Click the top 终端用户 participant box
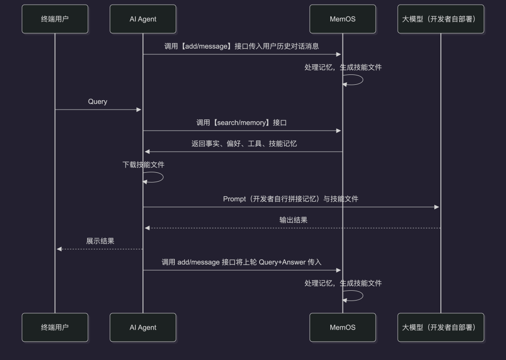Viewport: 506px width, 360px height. coord(55,19)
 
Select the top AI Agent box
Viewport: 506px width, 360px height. coord(143,19)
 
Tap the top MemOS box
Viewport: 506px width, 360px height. coord(342,19)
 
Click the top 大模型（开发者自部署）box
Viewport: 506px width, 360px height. coord(440,19)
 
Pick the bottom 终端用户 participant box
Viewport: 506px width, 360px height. coord(55,327)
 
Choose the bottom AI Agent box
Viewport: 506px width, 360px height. coord(143,327)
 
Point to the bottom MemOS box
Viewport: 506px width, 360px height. coord(342,327)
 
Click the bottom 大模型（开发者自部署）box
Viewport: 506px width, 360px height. coord(440,327)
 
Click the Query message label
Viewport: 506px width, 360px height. coord(97,102)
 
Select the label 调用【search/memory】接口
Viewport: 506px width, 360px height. coord(241,123)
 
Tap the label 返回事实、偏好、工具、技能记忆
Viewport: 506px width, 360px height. coord(244,144)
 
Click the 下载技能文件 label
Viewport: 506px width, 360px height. coord(143,165)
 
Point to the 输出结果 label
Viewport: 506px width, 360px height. coord(293,220)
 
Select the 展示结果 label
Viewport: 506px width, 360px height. coord(100,241)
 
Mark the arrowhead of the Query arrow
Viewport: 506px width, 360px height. coord(139,110)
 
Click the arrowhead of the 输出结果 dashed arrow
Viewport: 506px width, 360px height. coord(147,228)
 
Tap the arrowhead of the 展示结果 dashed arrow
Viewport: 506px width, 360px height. coord(59,249)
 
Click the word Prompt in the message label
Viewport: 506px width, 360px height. coord(234,199)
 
